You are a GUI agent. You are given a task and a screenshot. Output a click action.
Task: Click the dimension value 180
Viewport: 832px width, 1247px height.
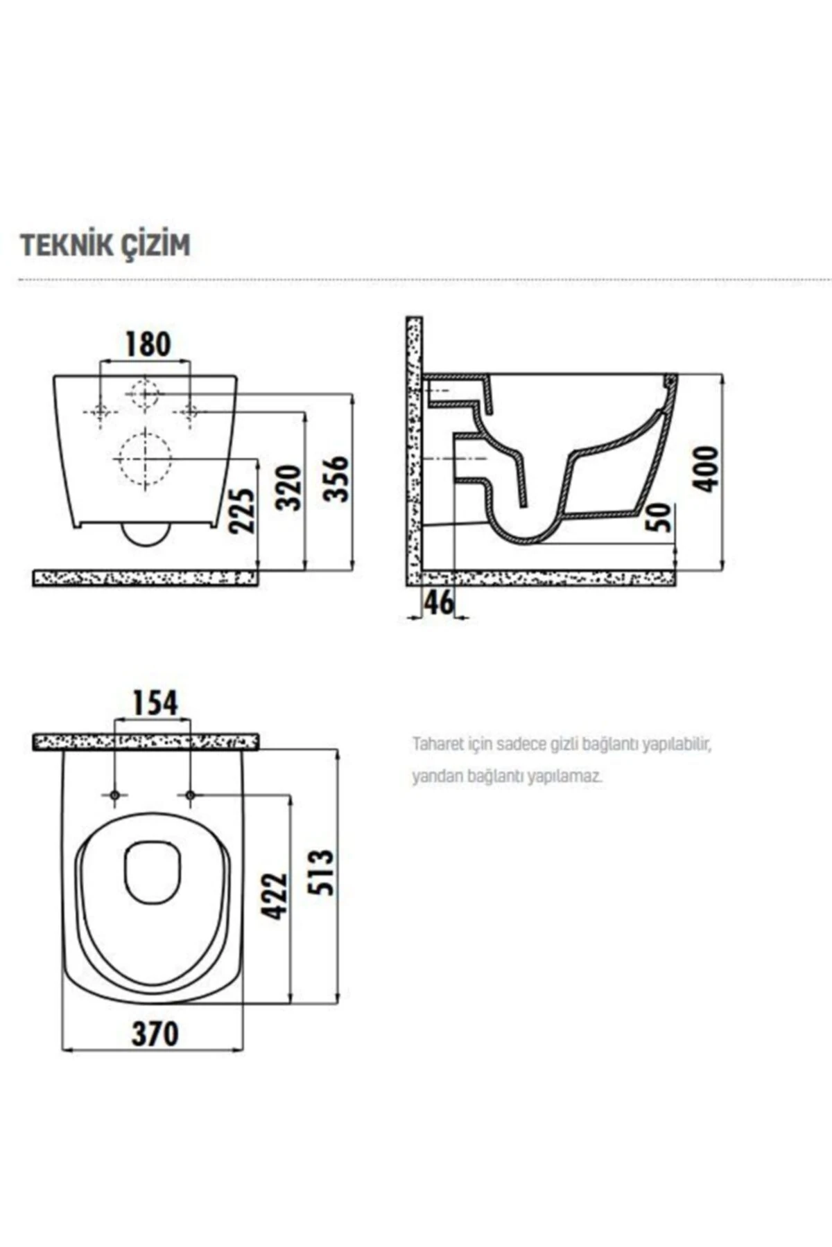pyautogui.click(x=147, y=344)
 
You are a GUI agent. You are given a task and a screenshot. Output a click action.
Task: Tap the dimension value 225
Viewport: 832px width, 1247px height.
pyautogui.click(x=243, y=511)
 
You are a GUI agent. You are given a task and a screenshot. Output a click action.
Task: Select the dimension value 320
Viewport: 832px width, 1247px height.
pyautogui.click(x=291, y=488)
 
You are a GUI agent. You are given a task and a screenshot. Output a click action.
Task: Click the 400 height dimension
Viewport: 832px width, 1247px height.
pyautogui.click(x=707, y=469)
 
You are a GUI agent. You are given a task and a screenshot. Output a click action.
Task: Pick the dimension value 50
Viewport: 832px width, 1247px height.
pyautogui.click(x=661, y=517)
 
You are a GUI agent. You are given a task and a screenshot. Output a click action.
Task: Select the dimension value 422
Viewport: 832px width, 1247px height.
pyautogui.click(x=275, y=896)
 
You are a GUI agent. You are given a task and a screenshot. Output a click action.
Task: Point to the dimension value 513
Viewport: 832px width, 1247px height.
pyautogui.click(x=323, y=872)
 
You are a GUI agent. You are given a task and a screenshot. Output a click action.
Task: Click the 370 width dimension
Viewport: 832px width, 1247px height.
pyautogui.click(x=155, y=1034)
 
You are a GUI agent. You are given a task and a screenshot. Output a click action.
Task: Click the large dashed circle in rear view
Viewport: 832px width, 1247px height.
pyautogui.click(x=144, y=458)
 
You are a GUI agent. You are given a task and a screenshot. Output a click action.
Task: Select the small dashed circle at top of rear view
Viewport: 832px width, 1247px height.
pyautogui.click(x=144, y=393)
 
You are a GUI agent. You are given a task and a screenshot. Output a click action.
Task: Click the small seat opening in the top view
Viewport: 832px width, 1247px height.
pyautogui.click(x=153, y=872)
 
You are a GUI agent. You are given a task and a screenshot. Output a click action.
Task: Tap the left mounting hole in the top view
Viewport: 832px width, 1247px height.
pyautogui.click(x=115, y=795)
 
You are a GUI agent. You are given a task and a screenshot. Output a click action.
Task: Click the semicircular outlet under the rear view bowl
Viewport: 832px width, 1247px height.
pyautogui.click(x=146, y=534)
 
